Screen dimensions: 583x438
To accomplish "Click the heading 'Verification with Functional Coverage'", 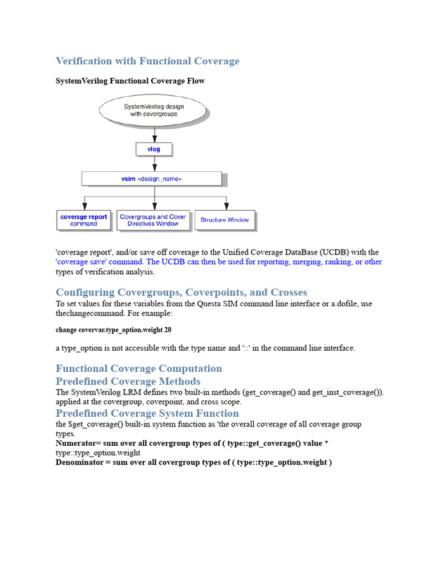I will tap(147, 61).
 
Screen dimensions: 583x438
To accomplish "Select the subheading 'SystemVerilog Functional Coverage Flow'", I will tap(130, 81).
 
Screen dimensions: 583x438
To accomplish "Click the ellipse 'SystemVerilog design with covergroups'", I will tap(153, 110).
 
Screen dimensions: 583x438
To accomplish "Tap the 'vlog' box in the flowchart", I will tap(153, 149).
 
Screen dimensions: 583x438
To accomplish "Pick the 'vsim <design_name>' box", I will tap(151, 179).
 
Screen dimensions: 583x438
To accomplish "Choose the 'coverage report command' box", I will tap(84, 220).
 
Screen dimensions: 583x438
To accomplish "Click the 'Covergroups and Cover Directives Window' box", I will tap(153, 220).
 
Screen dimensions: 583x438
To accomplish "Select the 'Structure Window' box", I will tap(225, 220).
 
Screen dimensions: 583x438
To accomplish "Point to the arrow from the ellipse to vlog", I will tap(154, 134).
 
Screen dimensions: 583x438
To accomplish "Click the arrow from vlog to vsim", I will tap(154, 164).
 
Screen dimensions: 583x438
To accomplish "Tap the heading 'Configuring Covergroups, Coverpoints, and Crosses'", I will tap(181, 292).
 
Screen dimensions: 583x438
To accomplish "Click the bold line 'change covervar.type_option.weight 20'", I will tap(113, 330).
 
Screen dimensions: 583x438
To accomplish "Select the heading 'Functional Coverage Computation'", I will tap(139, 368).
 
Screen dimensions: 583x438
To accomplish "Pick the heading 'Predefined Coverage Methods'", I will tap(128, 381).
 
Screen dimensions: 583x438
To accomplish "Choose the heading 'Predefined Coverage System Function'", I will tap(147, 413).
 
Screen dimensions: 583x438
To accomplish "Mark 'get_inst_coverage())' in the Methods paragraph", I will tap(347, 392).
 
